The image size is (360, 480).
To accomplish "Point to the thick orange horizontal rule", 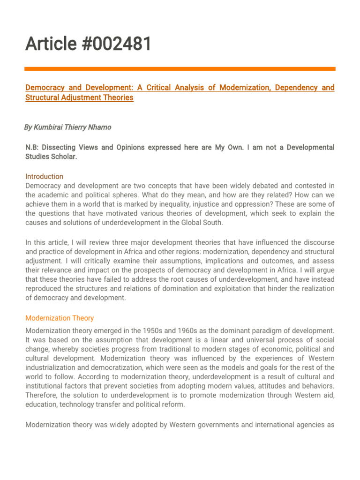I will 180,69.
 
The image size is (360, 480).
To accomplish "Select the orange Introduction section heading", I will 44,177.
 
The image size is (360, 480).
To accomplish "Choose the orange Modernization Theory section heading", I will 60,318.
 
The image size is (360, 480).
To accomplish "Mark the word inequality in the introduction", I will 180,204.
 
